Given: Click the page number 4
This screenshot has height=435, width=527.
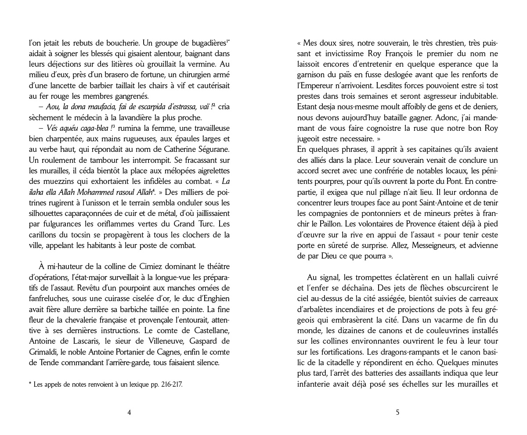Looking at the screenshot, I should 129,412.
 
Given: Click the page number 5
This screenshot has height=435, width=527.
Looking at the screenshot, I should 398,412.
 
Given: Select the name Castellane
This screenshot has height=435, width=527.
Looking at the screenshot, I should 206,331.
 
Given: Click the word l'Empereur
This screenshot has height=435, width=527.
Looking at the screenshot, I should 319,85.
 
